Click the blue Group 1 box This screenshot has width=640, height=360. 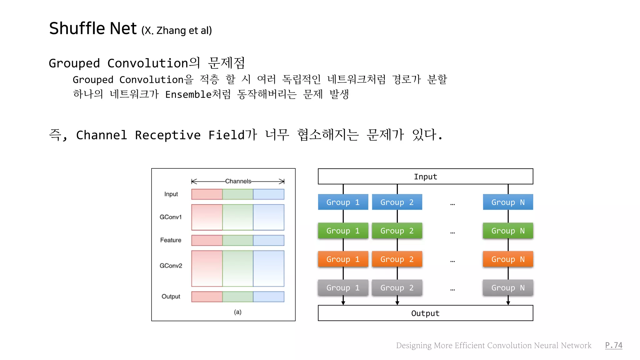tap(343, 202)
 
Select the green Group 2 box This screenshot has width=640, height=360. tap(397, 231)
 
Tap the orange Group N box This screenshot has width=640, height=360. tap(508, 259)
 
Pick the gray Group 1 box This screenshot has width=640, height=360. tap(343, 287)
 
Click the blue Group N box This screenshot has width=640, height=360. tap(508, 202)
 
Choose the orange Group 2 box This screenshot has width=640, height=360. tap(397, 259)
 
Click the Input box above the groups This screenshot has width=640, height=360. tap(425, 177)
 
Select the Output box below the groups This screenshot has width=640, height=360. tap(425, 313)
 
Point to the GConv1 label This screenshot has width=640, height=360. tap(171, 217)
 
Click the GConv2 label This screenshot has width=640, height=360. tap(171, 266)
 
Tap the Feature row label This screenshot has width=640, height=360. tap(171, 240)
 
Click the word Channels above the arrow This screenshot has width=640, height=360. tap(238, 181)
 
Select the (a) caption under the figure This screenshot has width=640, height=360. tap(237, 312)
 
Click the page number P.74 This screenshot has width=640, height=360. tap(613, 345)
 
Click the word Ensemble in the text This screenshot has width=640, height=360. tap(188, 94)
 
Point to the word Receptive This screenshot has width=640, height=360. tap(168, 135)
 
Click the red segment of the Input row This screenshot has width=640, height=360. tap(207, 194)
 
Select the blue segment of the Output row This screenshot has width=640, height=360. tap(268, 297)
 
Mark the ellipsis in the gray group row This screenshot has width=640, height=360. tap(452, 289)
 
